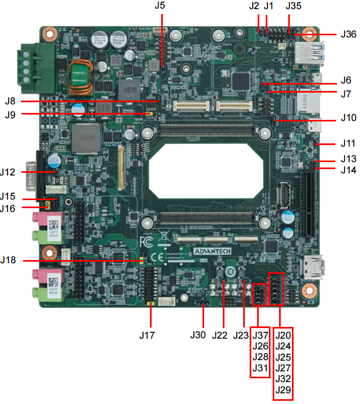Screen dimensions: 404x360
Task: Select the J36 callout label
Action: pos(348,34)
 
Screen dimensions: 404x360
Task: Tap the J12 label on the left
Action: pos(11,172)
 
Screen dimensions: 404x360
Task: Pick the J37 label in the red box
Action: pos(260,335)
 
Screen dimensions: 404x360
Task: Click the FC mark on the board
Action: pos(146,240)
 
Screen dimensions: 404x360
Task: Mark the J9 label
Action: pos(11,114)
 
